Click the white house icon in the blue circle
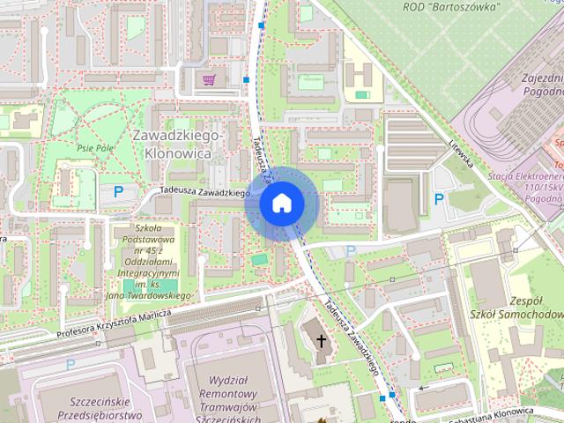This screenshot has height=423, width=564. (281, 204)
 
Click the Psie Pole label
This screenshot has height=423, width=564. (95, 148)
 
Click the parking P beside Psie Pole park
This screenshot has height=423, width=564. (118, 191)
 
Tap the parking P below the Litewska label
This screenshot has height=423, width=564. (439, 199)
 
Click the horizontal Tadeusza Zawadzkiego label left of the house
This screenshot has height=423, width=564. (205, 192)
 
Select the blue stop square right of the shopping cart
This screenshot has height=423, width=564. (247, 80)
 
